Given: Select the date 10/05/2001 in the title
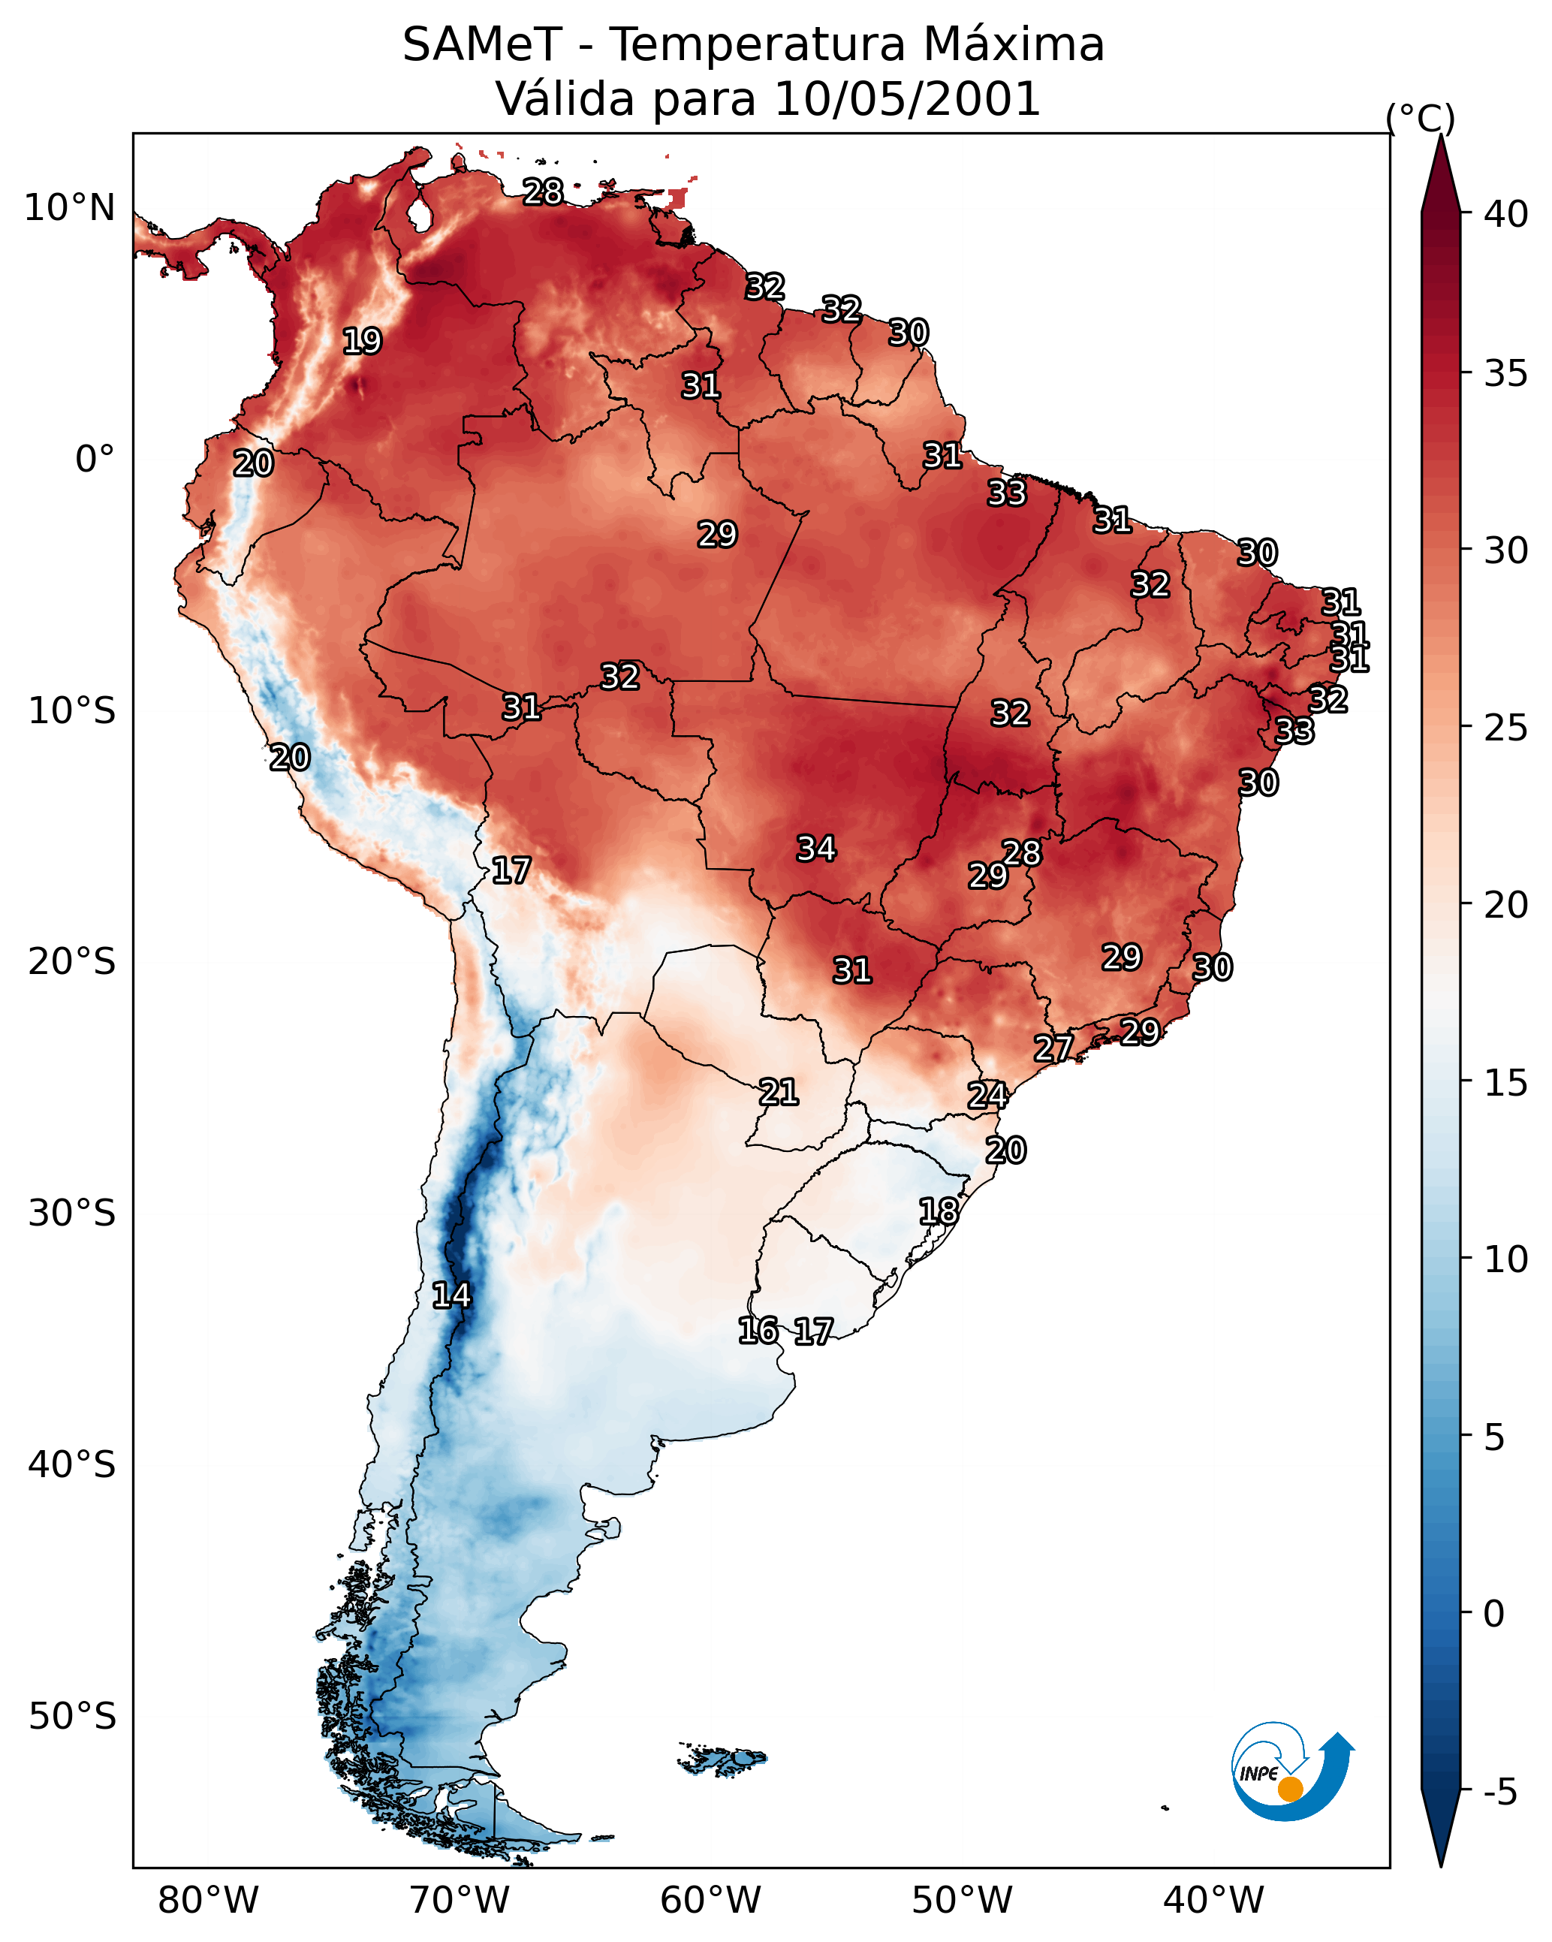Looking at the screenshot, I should pyautogui.click(x=907, y=99).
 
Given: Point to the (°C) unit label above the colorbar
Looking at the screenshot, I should pyautogui.click(x=1420, y=118).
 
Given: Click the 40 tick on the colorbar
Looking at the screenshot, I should pyautogui.click(x=1506, y=214).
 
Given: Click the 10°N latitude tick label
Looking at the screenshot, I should pyautogui.click(x=69, y=208).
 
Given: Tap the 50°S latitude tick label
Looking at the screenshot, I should pyautogui.click(x=72, y=1717).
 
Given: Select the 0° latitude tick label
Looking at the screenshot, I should pyautogui.click(x=95, y=460).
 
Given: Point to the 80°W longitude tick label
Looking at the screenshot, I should pyautogui.click(x=208, y=1901).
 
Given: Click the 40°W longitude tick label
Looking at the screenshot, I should pyautogui.click(x=1213, y=1901).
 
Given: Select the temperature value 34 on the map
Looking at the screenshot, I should pyautogui.click(x=816, y=849).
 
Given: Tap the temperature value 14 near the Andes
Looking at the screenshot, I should pyautogui.click(x=451, y=1295).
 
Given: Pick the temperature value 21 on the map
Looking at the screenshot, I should pyautogui.click(x=778, y=1093).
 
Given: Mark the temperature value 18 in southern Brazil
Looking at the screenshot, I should pyautogui.click(x=939, y=1211).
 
